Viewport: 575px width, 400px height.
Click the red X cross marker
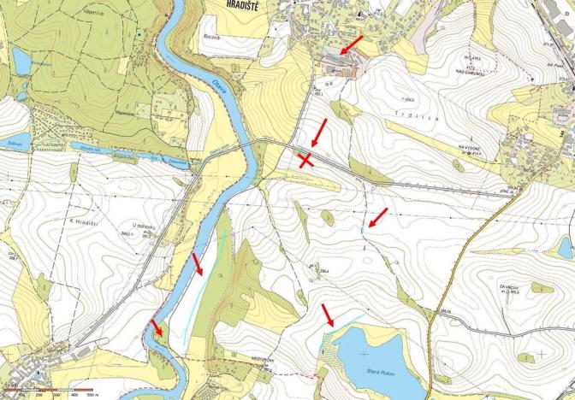click(305, 160)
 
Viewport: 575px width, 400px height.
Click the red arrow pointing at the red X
click(317, 132)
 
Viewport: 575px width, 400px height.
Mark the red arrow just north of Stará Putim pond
click(328, 315)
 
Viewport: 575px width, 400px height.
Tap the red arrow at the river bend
click(157, 327)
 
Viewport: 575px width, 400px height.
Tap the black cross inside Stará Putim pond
click(365, 352)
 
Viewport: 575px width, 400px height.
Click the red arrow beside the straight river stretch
click(198, 264)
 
